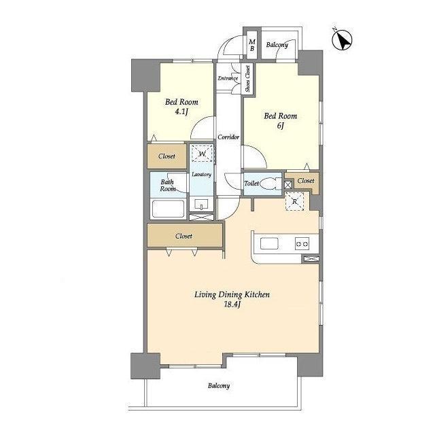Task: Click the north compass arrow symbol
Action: (x=342, y=40)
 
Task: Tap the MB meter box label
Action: (x=252, y=46)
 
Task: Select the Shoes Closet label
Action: (x=247, y=79)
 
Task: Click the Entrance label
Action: (x=228, y=78)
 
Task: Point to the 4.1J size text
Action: (x=181, y=111)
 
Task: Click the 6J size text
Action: (x=281, y=126)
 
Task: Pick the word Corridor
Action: (x=228, y=137)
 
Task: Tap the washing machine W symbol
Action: (x=203, y=153)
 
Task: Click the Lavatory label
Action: (x=201, y=175)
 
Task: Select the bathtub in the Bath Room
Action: (x=168, y=209)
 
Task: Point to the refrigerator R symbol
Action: (x=294, y=201)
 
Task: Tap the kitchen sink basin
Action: (x=269, y=243)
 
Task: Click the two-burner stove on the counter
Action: (x=302, y=244)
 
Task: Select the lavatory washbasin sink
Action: (x=201, y=205)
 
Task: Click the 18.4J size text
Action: (x=232, y=304)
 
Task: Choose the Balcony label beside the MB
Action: (x=277, y=45)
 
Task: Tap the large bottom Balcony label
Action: (x=219, y=386)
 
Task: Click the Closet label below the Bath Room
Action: (x=184, y=236)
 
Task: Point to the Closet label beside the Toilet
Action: (x=306, y=181)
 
